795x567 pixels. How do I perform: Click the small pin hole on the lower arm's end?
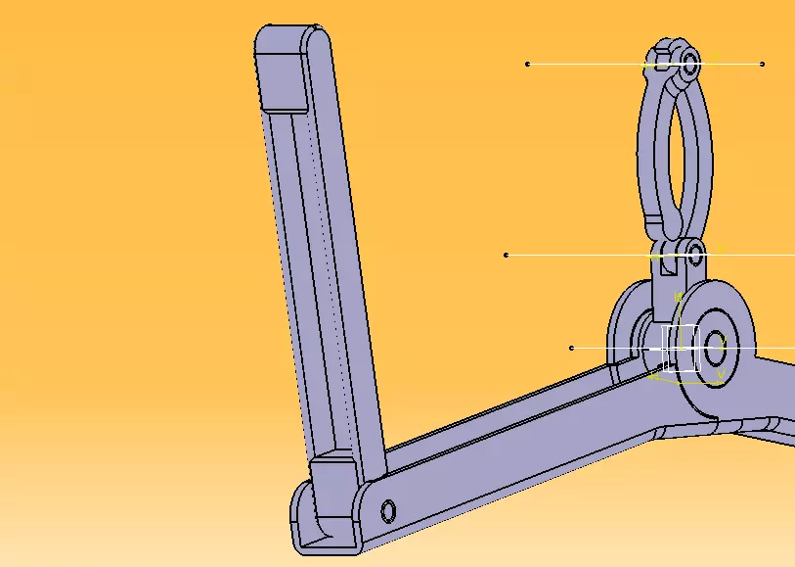coord(388,510)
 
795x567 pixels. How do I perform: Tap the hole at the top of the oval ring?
coord(690,66)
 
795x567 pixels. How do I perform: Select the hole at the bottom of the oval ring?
coord(695,258)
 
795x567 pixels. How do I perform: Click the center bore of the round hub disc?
coord(713,345)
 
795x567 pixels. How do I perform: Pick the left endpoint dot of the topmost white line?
coord(528,64)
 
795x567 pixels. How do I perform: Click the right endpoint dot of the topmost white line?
coord(762,65)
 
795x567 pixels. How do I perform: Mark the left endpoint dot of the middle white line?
coord(506,255)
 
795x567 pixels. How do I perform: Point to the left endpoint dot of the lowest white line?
coord(572,348)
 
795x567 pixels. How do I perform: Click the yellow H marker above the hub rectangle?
coord(678,296)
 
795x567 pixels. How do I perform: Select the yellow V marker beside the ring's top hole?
coord(713,58)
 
